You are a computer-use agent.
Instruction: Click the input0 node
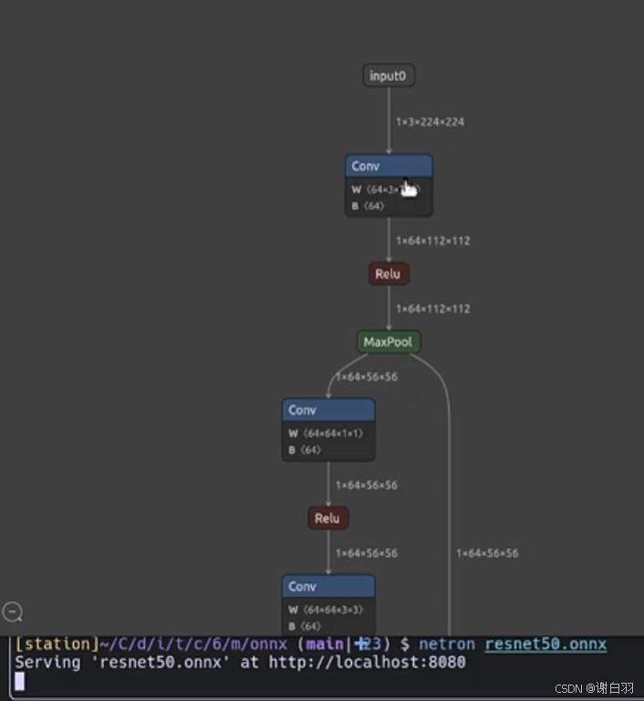tap(389, 76)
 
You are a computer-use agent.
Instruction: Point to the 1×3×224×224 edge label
tap(430, 121)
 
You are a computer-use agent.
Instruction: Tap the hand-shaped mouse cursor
tap(410, 187)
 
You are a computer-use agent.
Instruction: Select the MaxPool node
tap(389, 342)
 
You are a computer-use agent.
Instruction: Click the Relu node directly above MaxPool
tap(389, 274)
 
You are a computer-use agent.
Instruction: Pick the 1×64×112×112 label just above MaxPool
tap(432, 309)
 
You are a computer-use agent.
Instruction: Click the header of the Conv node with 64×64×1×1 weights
tap(328, 411)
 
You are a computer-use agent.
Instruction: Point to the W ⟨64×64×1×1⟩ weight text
tap(326, 433)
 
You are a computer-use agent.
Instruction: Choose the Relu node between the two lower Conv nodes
tap(327, 518)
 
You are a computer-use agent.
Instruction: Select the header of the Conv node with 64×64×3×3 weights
tap(328, 586)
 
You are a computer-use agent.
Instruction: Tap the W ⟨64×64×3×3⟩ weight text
tap(326, 609)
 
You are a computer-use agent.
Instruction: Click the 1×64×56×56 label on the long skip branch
tap(487, 553)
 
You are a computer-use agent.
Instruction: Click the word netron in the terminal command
tap(447, 644)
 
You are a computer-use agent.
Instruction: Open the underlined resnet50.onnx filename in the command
tap(545, 644)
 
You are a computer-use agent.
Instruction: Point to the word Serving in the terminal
tap(47, 662)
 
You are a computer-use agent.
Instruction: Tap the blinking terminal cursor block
tap(20, 681)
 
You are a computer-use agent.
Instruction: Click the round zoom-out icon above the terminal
tap(13, 612)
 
